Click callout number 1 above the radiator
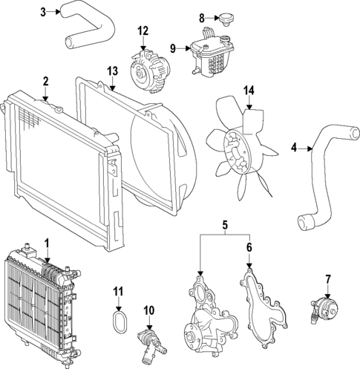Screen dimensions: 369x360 46,243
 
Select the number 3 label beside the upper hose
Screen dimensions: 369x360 43,11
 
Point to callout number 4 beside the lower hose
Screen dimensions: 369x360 294,148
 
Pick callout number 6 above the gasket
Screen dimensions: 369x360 249,246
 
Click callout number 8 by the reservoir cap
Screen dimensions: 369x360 201,17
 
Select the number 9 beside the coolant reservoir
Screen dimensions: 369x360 173,48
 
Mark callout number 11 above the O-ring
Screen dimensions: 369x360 117,290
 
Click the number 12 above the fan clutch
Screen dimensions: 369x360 143,30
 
